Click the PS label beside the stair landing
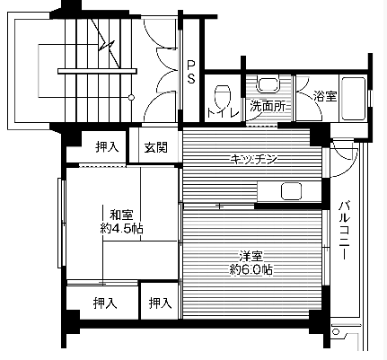[x=191, y=71]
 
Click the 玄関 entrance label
[x=156, y=147]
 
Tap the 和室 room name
[x=121, y=215]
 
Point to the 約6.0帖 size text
[x=251, y=268]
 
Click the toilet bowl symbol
[x=222, y=92]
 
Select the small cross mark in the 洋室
[x=218, y=206]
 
